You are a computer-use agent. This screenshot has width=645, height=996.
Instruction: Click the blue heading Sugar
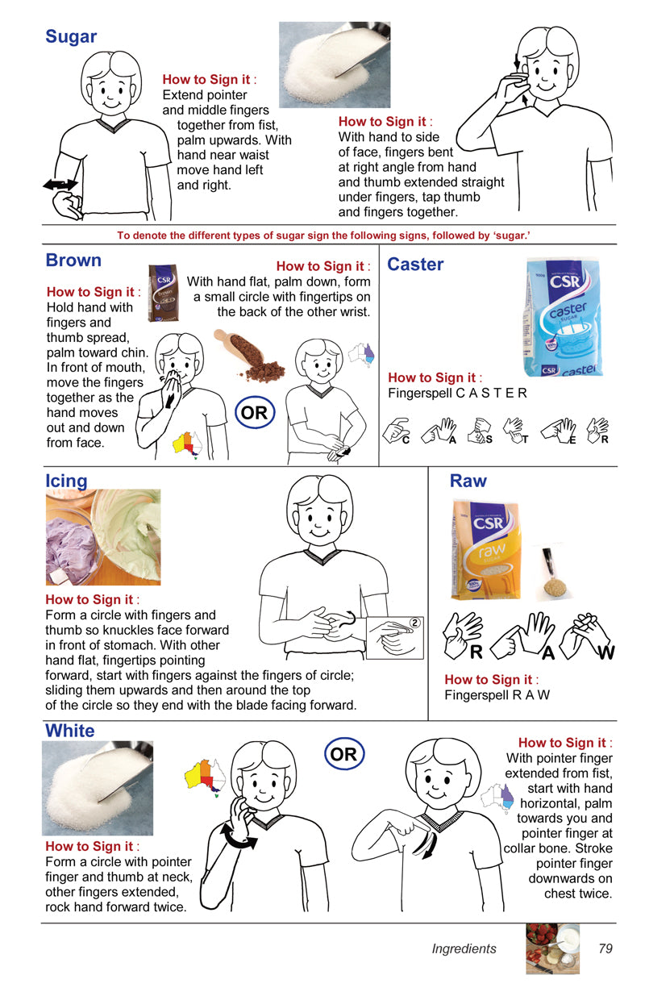tap(71, 36)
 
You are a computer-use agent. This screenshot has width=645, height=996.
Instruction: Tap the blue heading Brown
tap(73, 260)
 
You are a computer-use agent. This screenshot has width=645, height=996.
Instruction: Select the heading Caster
tap(415, 265)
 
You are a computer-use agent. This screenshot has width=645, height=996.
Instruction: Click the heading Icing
tap(66, 481)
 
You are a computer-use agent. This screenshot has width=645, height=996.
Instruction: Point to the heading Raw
tap(468, 481)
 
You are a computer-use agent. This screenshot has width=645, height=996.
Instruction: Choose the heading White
tap(70, 731)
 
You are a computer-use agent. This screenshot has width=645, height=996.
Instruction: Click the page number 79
tap(605, 948)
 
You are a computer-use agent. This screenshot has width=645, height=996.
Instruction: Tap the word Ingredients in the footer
tap(464, 949)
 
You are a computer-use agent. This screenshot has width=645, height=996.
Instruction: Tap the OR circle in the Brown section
tap(255, 414)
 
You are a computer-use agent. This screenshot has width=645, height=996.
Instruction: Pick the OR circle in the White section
tap(343, 755)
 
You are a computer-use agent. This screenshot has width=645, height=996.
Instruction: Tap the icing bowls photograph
tap(102, 537)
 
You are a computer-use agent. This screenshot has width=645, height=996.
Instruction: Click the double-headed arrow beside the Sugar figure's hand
tap(60, 185)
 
